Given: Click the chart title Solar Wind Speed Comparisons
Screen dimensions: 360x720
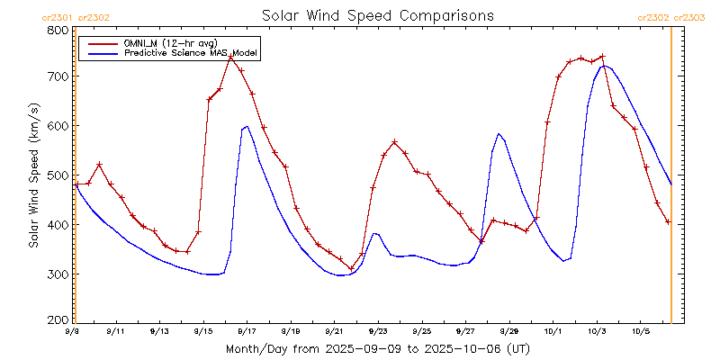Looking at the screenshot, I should (x=377, y=16).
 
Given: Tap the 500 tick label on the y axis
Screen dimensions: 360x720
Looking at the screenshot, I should (x=58, y=175).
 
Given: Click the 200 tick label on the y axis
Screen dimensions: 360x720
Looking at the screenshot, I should (x=58, y=319).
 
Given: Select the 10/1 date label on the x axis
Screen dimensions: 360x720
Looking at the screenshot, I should (x=553, y=331).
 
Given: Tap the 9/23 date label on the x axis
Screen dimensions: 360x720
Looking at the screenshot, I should (x=377, y=331).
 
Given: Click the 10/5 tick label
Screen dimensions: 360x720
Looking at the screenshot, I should (x=640, y=331).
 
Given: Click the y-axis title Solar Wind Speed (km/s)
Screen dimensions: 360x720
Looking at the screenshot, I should (x=33, y=175).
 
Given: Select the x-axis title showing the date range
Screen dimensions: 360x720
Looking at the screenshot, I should (x=377, y=348).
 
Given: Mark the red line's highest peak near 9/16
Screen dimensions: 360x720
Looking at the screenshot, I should (x=230, y=57).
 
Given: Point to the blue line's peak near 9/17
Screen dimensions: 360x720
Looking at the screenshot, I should (x=247, y=127).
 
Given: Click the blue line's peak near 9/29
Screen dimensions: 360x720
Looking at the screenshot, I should (x=499, y=133).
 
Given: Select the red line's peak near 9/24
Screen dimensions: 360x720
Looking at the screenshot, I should (x=394, y=142).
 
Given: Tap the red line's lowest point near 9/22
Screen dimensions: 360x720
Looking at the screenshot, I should (x=351, y=268).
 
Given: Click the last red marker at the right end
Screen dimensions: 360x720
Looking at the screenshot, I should (x=668, y=221).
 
